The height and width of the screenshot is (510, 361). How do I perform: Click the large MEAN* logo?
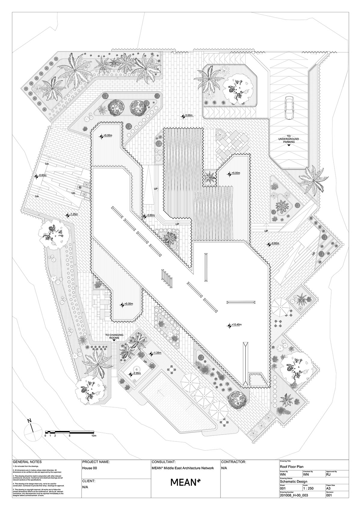[185, 482]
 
